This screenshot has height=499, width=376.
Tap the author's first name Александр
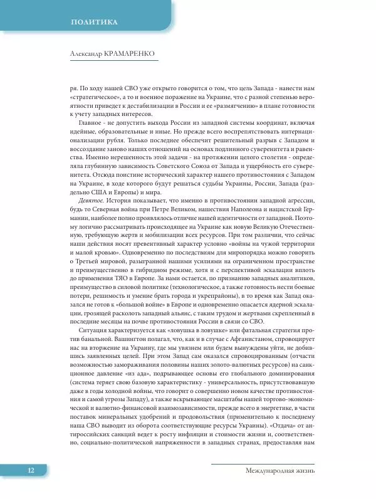coord(91,55)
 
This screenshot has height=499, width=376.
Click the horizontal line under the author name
coord(113,61)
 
